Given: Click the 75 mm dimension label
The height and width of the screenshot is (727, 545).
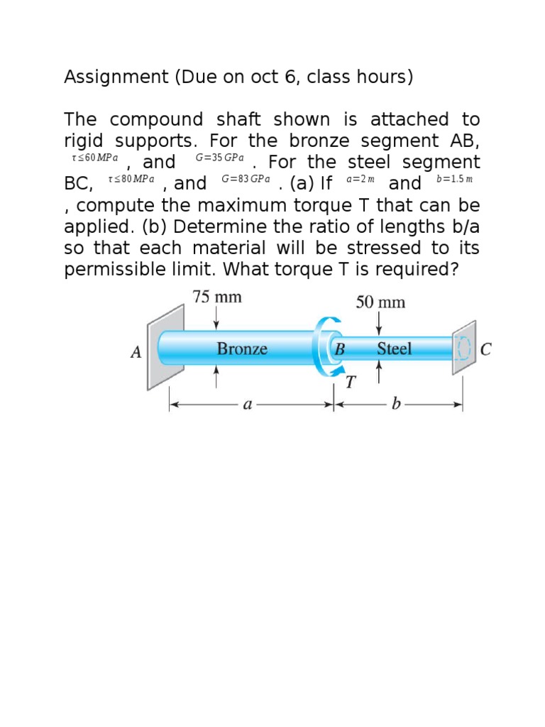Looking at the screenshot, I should click(217, 297).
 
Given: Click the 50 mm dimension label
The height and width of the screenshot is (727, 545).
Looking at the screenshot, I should click(380, 302).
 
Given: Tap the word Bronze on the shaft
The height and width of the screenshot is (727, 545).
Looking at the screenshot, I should click(242, 349).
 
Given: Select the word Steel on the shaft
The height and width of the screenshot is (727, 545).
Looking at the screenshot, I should click(394, 349).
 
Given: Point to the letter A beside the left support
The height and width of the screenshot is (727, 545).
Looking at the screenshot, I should click(136, 352).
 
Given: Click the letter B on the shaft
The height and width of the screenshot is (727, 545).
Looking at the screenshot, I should click(339, 349).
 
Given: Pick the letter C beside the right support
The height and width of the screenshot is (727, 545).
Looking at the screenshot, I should click(486, 349).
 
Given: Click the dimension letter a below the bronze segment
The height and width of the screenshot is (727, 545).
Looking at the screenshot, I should click(247, 405).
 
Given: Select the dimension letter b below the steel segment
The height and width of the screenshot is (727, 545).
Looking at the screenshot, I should click(397, 405).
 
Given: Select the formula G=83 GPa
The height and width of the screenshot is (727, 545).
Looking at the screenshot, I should click(246, 180).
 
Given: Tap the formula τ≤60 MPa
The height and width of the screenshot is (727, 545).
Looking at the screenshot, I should click(95, 158).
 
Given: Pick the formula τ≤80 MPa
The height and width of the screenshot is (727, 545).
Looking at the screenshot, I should click(131, 180).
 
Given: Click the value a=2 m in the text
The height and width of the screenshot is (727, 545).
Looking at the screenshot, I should click(360, 180).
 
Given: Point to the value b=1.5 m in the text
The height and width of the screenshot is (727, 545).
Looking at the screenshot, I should click(454, 180).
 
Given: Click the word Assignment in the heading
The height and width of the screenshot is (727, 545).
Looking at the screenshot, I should click(110, 77).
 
